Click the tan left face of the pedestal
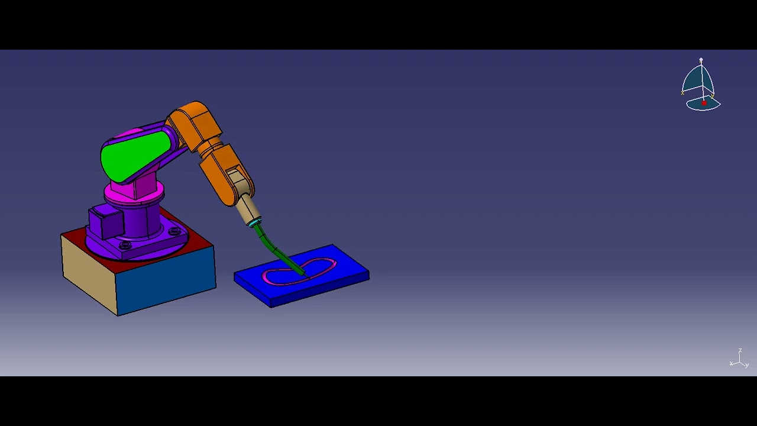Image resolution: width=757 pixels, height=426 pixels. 89,272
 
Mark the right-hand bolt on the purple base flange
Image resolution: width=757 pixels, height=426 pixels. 175,231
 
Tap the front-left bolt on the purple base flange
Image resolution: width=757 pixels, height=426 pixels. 125,244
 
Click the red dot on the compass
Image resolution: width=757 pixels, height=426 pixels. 704,104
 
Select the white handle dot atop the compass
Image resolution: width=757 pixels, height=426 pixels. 701,60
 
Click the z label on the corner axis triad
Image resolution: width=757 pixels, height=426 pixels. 740,351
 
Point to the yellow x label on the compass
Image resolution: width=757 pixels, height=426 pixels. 682,92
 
